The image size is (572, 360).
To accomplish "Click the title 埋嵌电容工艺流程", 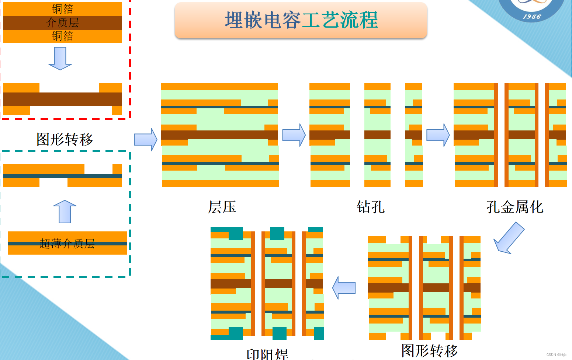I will (301, 20).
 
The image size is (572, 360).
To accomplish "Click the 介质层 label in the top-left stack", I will (62, 22).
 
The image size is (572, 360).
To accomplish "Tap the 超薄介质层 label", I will (67, 243).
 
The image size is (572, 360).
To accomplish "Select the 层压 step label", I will (222, 207).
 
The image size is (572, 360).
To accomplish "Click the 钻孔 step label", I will (371, 207).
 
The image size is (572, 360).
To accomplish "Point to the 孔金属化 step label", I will (514, 207).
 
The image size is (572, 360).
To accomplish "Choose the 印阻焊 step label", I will (267, 354).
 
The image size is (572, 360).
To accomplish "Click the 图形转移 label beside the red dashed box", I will (65, 139).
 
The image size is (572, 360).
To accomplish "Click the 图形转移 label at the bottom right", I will (430, 350).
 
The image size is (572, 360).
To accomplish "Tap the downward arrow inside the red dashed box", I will (60, 59).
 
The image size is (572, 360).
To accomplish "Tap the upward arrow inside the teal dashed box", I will (65, 212).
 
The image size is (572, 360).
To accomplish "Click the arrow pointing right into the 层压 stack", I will (146, 139).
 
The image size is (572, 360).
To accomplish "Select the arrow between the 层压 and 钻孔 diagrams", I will (294, 135).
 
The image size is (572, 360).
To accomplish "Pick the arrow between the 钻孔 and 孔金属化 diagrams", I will (438, 135).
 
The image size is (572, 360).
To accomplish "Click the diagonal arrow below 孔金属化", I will (509, 238).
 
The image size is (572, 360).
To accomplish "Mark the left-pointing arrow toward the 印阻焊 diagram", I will (344, 288).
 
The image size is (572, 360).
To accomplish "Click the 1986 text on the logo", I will (532, 17).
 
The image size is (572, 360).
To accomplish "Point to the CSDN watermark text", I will (556, 355).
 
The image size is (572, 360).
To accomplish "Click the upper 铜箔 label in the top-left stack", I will (62, 8).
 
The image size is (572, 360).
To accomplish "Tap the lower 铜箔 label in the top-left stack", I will (62, 36).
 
